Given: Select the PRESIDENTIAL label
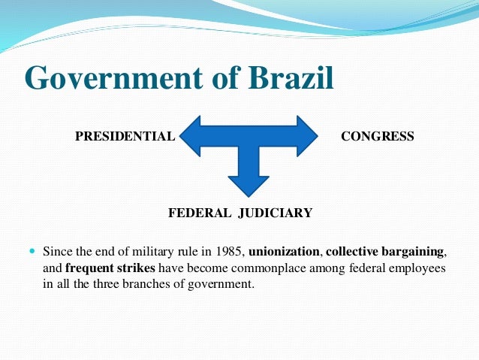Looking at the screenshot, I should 125,136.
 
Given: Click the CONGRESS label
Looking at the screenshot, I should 377,136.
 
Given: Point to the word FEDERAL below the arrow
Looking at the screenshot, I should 200,213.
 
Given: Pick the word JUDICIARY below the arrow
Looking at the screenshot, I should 275,213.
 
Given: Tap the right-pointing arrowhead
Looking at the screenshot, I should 307,135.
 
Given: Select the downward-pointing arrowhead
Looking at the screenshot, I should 249,183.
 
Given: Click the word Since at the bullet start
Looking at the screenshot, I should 56,251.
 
